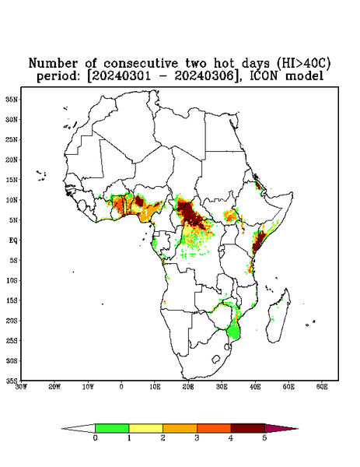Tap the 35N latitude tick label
click(12, 100)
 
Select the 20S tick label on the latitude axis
click(12, 321)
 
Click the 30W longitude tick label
click(22, 387)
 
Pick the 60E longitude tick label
click(322, 387)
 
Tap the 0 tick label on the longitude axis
click(121, 387)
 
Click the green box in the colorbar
click(112, 428)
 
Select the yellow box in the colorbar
click(145, 428)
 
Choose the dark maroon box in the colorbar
click(248, 428)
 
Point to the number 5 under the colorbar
click(264, 438)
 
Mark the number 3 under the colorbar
click(197, 438)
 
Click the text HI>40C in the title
click(303, 64)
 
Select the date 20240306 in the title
click(204, 76)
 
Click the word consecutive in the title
click(141, 64)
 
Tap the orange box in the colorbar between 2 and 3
click(180, 428)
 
